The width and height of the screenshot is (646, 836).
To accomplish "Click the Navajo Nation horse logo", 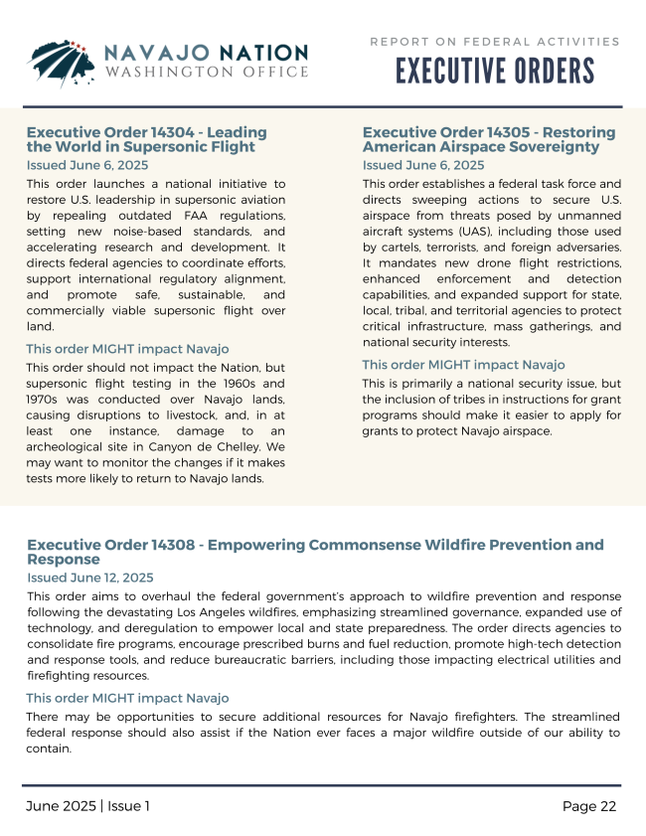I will pos(61,63).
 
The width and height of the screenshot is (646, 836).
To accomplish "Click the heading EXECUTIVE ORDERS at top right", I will pos(495,72).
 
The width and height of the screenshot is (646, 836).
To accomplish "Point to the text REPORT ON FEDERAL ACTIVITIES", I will pos(495,42).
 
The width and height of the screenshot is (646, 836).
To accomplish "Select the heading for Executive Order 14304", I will pos(146,139).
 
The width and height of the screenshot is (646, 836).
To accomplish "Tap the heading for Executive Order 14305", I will pos(488,139).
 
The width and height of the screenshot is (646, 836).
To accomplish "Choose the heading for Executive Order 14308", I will pos(315,552).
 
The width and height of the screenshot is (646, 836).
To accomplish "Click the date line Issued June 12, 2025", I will pos(89,578).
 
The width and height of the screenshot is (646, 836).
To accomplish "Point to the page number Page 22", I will pos(589,806).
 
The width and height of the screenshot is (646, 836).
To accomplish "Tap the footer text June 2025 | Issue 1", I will pos(87,806).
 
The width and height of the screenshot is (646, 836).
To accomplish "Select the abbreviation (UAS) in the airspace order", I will pos(489,231).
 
